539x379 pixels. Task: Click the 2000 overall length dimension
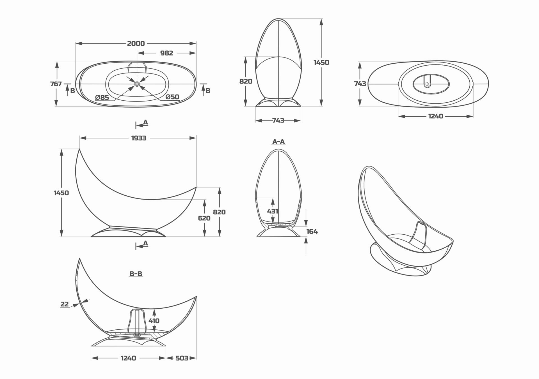(x=136, y=43)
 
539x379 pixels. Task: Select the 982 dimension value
(x=166, y=53)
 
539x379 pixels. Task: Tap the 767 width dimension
(x=56, y=84)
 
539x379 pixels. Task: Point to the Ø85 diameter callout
(x=102, y=98)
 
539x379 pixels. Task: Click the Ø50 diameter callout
(x=172, y=97)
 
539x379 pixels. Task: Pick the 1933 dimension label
(x=139, y=138)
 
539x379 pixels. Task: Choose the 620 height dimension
(x=204, y=218)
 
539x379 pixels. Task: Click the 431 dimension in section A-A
(x=273, y=211)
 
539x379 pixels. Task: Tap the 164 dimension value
(x=312, y=231)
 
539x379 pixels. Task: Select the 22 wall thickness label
(x=65, y=304)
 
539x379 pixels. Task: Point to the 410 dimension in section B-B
(x=154, y=321)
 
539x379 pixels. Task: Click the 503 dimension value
(x=182, y=358)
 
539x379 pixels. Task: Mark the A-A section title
(x=278, y=142)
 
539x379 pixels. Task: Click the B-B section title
(x=136, y=274)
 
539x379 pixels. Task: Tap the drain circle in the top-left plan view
(x=137, y=84)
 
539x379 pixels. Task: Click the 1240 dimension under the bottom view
(x=436, y=116)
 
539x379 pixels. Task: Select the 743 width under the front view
(x=278, y=121)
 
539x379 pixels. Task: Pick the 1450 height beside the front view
(x=321, y=62)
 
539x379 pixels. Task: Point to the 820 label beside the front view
(x=246, y=81)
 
